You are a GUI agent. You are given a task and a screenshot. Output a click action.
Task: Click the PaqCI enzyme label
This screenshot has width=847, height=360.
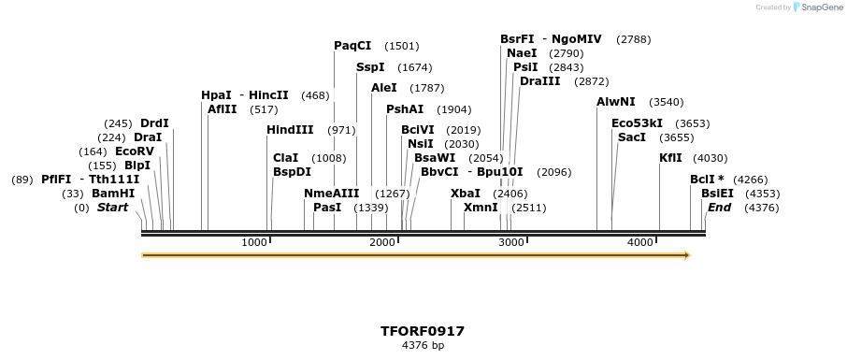(352, 45)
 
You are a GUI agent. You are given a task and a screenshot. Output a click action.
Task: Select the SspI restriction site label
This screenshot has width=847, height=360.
(370, 67)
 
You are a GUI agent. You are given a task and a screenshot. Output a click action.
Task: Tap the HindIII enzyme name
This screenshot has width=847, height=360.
(290, 130)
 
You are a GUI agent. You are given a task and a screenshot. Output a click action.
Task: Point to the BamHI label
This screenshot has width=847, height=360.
(113, 194)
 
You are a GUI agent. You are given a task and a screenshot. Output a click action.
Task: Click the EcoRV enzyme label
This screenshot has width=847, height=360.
(134, 151)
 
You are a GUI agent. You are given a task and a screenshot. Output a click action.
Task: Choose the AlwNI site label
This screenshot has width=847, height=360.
(615, 102)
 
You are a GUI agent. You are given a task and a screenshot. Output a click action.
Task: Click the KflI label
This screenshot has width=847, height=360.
(670, 158)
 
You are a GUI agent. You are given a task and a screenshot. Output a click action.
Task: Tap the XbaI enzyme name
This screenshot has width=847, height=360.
(465, 194)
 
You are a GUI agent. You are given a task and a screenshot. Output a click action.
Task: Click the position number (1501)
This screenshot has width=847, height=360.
(402, 46)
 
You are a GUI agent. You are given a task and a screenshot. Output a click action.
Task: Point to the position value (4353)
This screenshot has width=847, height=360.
(762, 194)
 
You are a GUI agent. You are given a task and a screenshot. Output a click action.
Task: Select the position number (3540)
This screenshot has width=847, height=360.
(667, 102)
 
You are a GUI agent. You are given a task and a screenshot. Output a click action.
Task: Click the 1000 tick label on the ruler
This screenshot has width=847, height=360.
(254, 243)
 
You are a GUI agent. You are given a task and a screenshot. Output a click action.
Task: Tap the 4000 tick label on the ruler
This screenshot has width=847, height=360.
(639, 243)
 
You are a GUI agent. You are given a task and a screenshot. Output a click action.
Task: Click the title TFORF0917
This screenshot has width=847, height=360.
(423, 331)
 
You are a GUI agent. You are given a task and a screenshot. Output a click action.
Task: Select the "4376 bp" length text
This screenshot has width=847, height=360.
(423, 345)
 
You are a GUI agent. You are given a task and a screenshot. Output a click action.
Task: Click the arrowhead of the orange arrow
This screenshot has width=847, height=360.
(686, 254)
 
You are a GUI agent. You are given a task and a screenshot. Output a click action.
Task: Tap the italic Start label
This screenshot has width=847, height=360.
(112, 208)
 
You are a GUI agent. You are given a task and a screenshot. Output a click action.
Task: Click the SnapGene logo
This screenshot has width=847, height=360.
(814, 7)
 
